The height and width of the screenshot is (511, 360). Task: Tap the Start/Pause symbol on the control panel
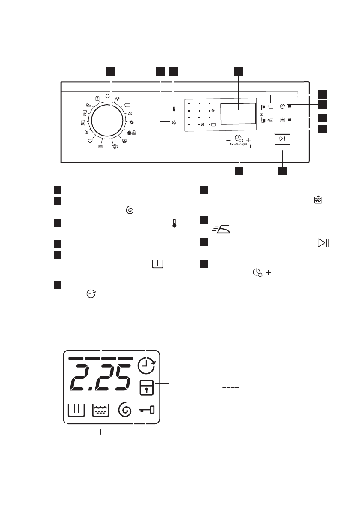coord(282,139)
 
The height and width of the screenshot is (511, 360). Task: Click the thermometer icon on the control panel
coord(174,109)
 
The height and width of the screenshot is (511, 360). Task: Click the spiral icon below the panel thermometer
coord(174,123)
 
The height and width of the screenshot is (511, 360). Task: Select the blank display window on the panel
coord(239,114)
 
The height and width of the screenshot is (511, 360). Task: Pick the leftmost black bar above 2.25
coord(76,358)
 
